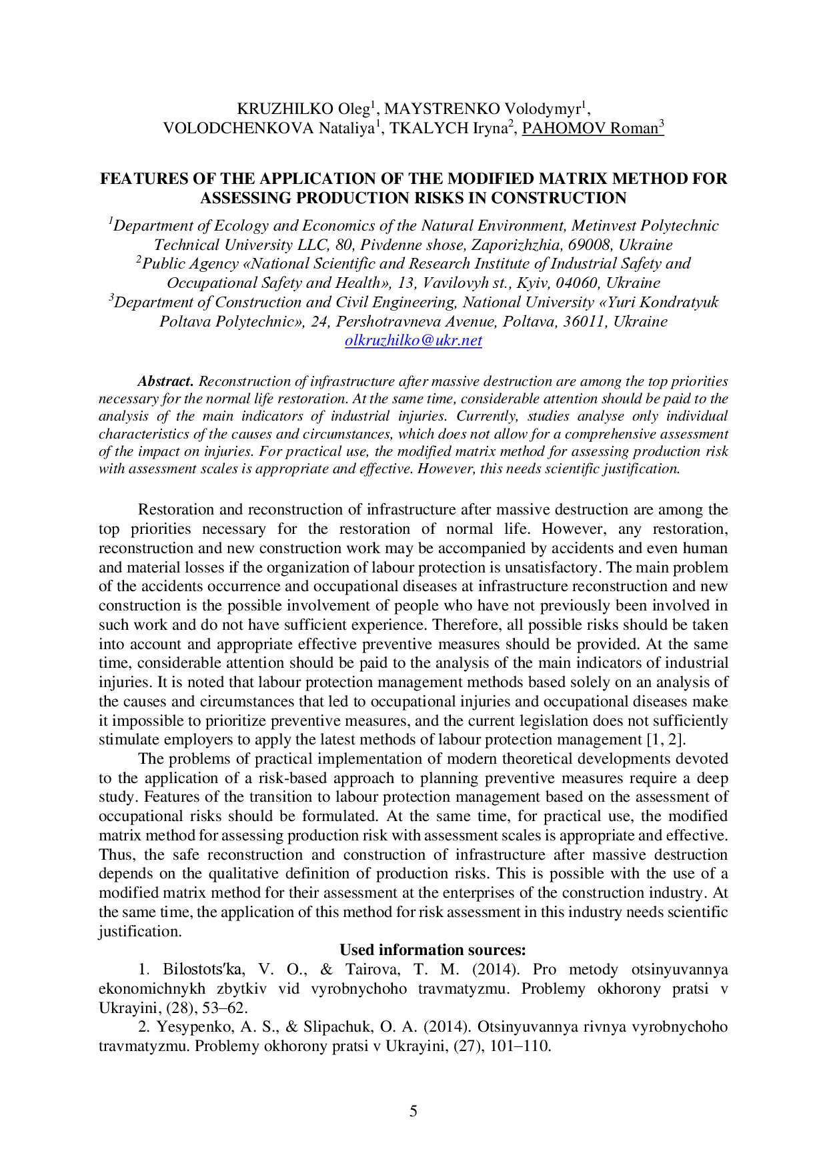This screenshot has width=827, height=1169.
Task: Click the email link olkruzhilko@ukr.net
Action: (413, 341)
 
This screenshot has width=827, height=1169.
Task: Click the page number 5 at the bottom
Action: (413, 1111)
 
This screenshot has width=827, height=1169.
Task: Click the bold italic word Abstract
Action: (165, 381)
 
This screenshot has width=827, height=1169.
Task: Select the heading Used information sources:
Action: (433, 950)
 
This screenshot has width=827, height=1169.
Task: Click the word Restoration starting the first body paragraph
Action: (176, 510)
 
